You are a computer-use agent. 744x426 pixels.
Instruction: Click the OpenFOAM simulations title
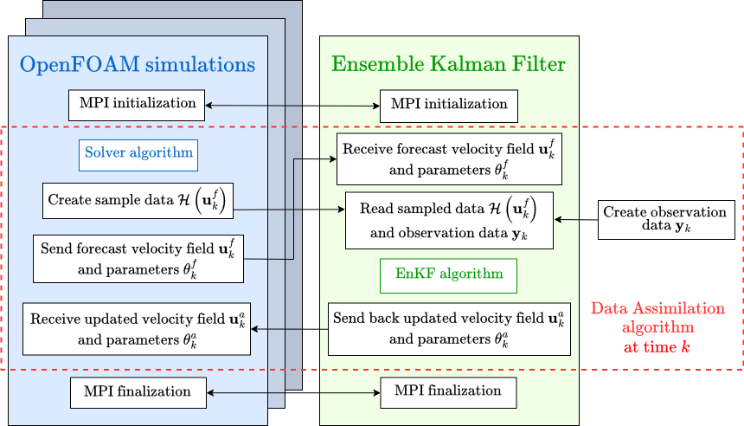[138, 65]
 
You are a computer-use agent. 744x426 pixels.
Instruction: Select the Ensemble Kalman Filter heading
[448, 64]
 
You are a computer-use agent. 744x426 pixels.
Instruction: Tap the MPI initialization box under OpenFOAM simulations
[137, 105]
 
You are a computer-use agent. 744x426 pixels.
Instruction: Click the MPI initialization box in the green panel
[449, 106]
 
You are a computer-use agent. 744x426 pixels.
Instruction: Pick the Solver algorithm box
[138, 155]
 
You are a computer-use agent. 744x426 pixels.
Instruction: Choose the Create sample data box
[138, 201]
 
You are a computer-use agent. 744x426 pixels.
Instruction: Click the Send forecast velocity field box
[138, 259]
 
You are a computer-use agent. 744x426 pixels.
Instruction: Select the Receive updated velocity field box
[137, 329]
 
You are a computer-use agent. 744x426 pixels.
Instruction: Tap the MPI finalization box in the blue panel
[138, 393]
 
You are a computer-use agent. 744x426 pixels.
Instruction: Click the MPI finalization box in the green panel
[448, 392]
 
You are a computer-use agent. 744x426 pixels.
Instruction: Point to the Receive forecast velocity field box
[449, 159]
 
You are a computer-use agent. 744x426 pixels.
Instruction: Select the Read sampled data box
[449, 221]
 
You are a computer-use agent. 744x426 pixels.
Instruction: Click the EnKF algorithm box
[448, 275]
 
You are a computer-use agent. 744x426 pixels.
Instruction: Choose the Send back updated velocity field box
[449, 329]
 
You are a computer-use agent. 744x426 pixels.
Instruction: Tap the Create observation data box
[666, 220]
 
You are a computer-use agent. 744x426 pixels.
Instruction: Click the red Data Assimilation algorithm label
[657, 327]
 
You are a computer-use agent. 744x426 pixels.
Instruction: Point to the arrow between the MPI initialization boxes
[292, 106]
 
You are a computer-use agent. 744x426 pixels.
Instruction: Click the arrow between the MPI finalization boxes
[294, 393]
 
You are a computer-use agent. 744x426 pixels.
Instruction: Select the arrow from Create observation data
[576, 219]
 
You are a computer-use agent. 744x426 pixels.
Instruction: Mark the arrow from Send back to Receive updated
[290, 329]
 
